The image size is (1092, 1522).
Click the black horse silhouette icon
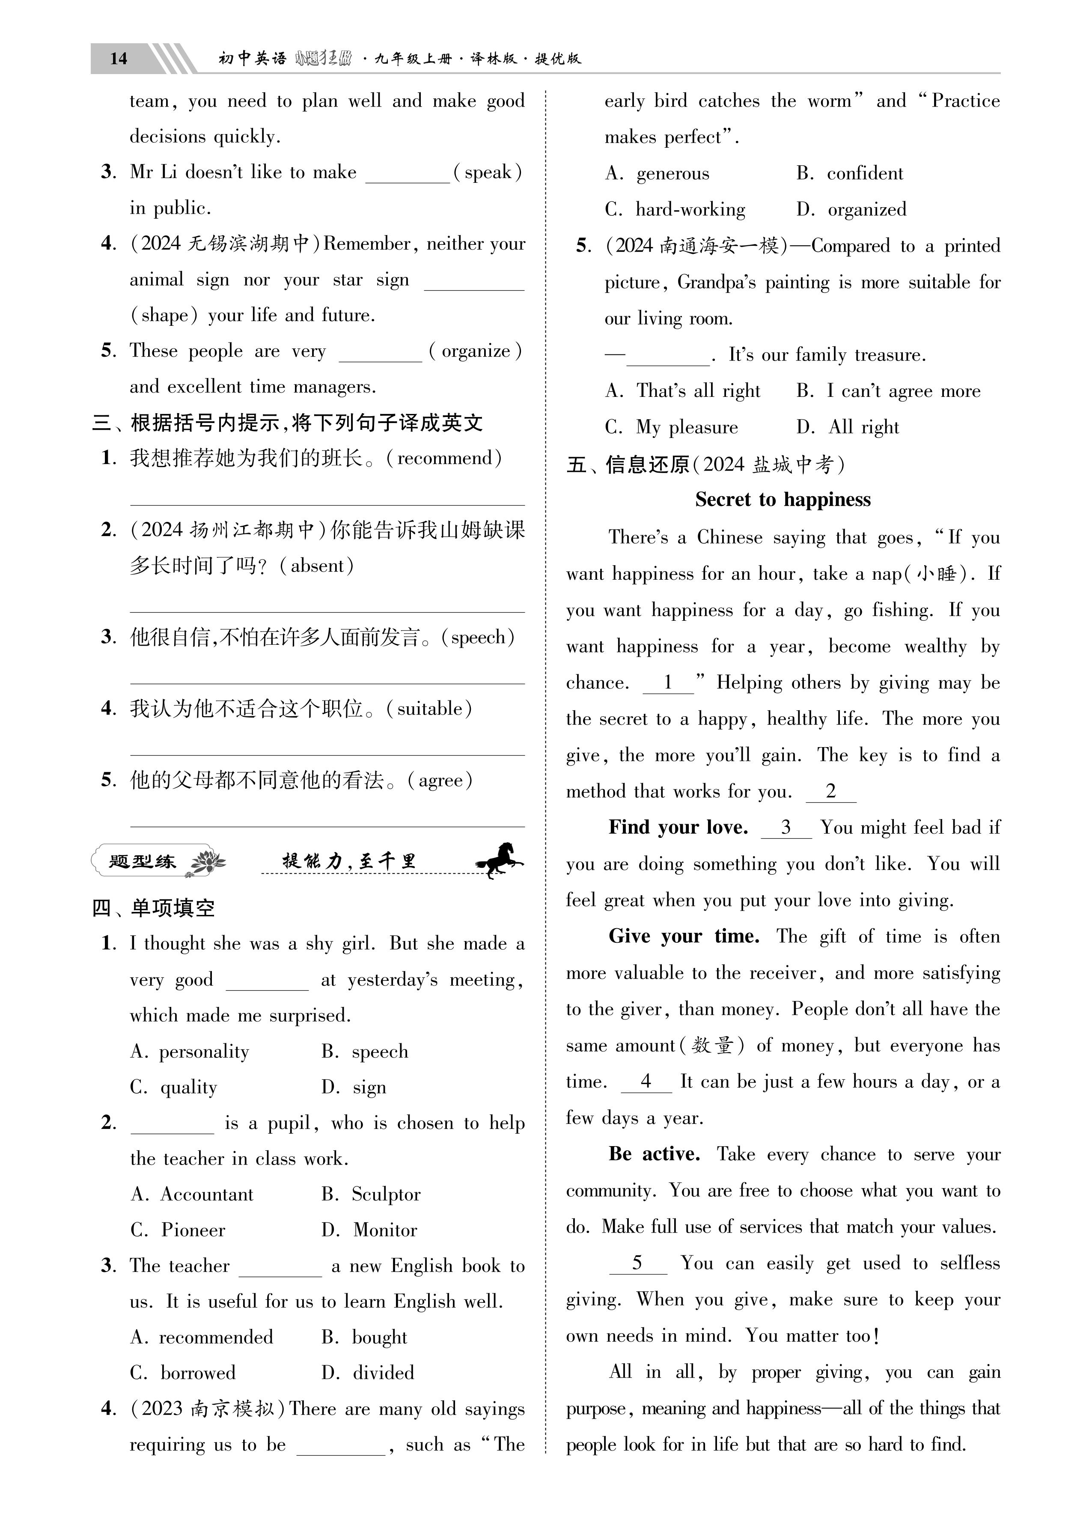click(499, 860)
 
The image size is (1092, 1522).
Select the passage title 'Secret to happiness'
click(783, 500)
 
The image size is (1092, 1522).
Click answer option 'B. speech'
click(364, 1051)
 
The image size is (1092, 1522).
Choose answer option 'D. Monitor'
click(369, 1230)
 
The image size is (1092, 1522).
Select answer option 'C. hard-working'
click(675, 209)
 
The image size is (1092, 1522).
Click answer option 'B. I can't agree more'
click(888, 391)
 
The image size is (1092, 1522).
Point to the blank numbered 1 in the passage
click(668, 683)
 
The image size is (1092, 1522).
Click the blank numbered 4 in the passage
click(646, 1082)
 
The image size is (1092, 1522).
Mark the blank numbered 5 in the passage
click(638, 1264)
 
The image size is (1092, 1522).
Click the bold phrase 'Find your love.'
click(678, 828)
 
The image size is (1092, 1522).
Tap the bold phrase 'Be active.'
click(655, 1154)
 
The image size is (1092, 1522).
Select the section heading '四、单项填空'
click(154, 908)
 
